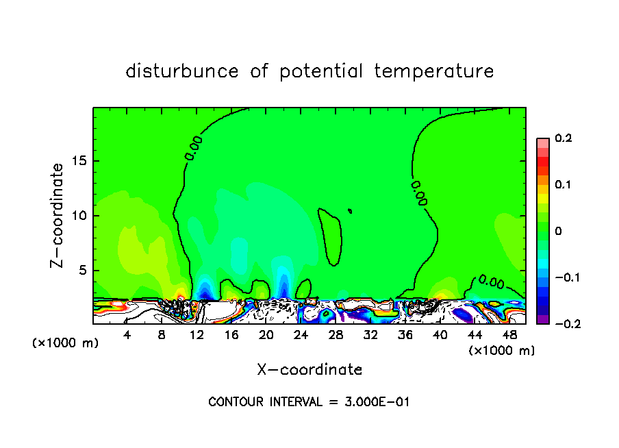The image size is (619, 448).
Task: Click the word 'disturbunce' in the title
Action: [182, 71]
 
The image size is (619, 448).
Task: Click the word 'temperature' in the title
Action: [435, 71]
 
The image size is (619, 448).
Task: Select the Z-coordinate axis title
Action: [60, 215]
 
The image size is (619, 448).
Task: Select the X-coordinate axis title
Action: [309, 370]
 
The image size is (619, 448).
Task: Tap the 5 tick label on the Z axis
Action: [83, 270]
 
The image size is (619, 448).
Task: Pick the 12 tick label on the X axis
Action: [197, 335]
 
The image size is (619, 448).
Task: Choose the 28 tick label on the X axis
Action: [336, 335]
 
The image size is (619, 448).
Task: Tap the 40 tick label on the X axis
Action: [440, 335]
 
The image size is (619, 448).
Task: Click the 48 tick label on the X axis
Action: [510, 335]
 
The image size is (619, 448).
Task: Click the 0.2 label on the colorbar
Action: [563, 138]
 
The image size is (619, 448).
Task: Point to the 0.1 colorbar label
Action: [563, 185]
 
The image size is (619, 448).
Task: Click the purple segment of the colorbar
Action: [543, 319]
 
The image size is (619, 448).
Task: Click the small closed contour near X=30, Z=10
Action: [350, 211]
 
